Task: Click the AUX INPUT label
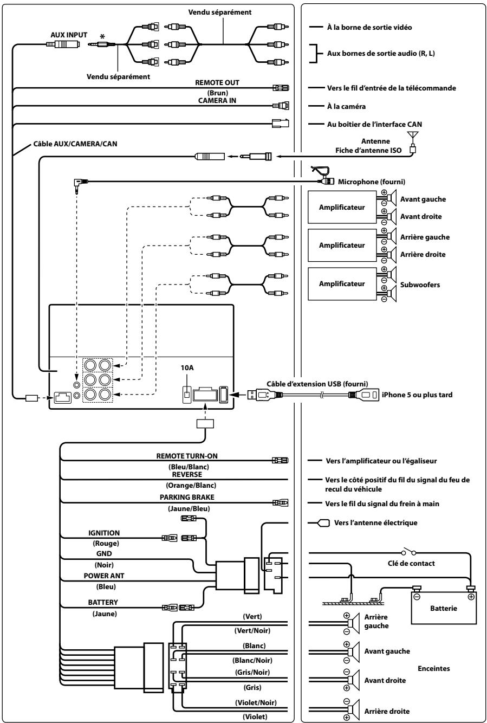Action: click(x=69, y=35)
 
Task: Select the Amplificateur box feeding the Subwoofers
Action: click(x=342, y=283)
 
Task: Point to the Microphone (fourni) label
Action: click(x=372, y=182)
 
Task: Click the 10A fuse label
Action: click(x=187, y=367)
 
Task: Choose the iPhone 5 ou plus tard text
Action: click(x=417, y=395)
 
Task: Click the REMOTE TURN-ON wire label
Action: click(x=187, y=456)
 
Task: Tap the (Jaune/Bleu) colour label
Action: click(x=189, y=509)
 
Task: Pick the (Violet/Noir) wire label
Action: click(x=256, y=702)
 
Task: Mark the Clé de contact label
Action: click(x=411, y=563)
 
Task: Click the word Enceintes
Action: click(x=433, y=668)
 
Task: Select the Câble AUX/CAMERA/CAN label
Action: click(x=75, y=144)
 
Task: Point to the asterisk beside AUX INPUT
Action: click(x=102, y=36)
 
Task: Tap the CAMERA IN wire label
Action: click(x=217, y=100)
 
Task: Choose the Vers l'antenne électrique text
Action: click(x=376, y=522)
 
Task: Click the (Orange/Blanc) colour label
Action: click(x=191, y=485)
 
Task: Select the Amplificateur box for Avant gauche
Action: click(x=342, y=207)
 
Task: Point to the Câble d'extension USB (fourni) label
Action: click(x=317, y=384)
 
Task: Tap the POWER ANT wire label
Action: click(x=104, y=576)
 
